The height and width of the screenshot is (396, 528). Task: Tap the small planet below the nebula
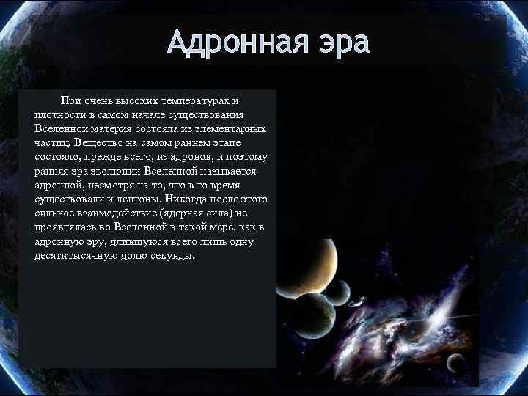pos(456,362)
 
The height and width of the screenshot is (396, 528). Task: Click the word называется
pos(224,172)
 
